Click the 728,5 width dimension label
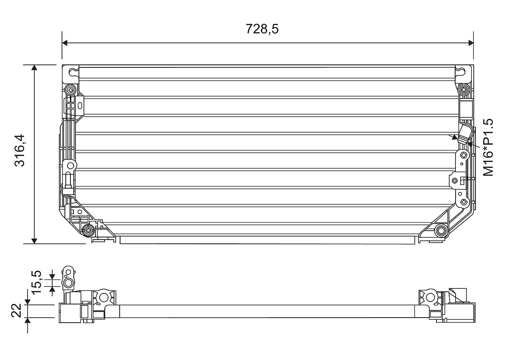point(262,29)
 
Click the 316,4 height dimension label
point(20,151)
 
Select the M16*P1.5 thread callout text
point(488,148)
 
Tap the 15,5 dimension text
point(36,282)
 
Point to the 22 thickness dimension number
point(17,310)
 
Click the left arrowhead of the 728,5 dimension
point(65,43)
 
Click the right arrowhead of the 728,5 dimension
point(470,43)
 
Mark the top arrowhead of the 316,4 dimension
point(34,68)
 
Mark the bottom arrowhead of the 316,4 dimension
point(34,241)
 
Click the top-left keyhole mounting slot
point(73,72)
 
